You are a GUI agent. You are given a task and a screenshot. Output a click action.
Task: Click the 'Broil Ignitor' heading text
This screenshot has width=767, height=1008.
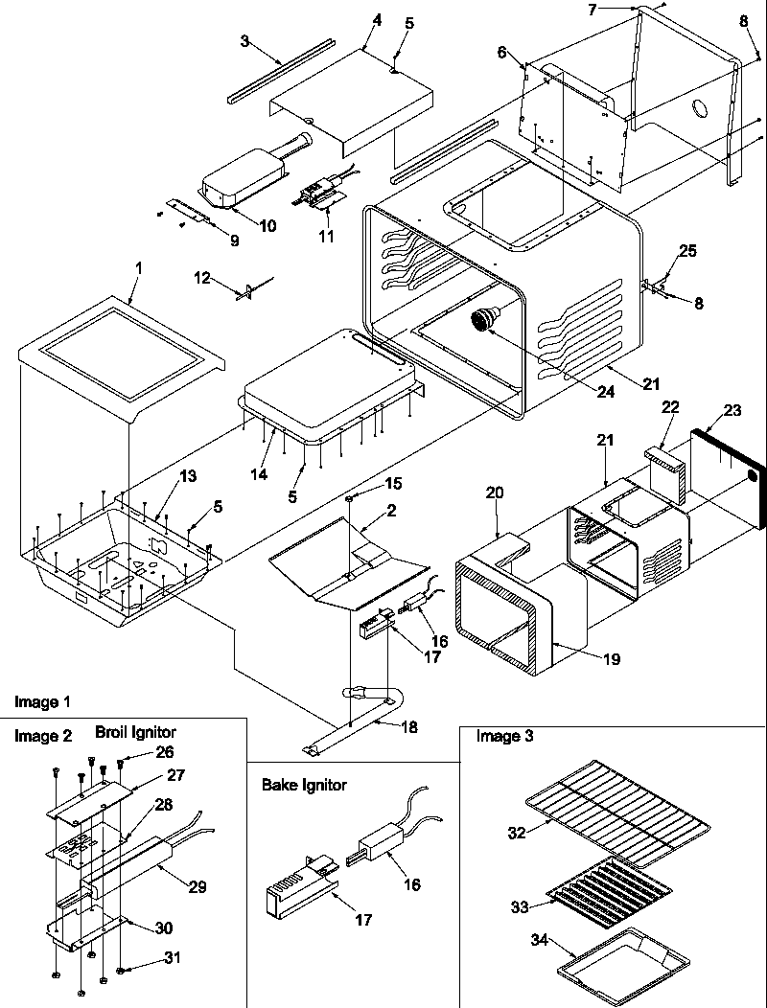point(135,732)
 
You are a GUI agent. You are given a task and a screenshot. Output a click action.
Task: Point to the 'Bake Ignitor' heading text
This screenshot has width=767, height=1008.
point(304,785)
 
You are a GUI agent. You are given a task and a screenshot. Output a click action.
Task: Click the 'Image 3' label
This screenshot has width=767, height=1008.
point(505,736)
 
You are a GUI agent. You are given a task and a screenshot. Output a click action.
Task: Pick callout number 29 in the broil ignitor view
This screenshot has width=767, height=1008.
point(197,887)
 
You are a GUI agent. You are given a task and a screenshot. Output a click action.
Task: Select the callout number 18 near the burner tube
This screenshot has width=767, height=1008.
point(408,727)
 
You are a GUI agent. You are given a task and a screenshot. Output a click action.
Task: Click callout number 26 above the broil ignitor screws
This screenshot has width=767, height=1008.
point(165,751)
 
